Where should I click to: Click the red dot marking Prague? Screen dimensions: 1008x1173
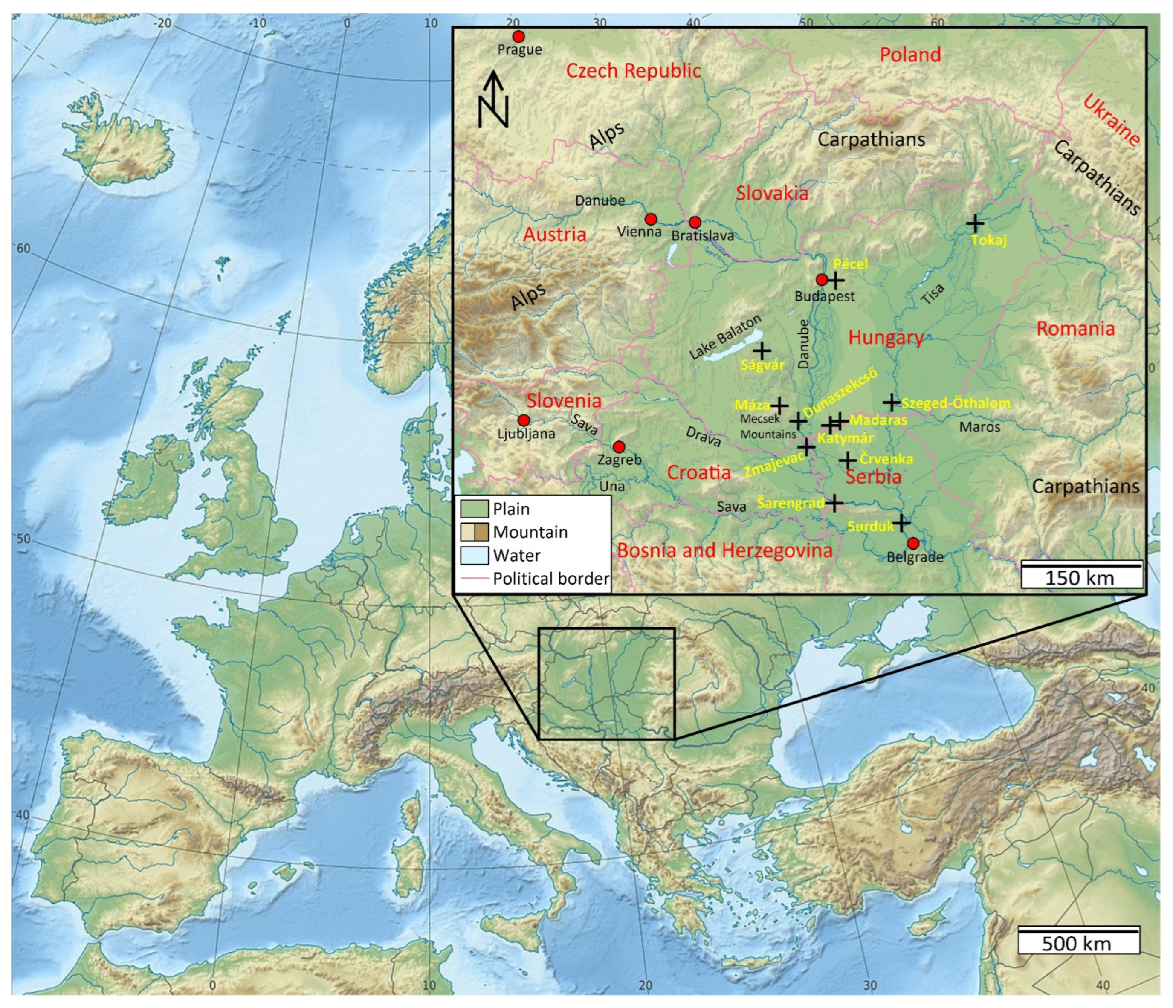click(x=518, y=37)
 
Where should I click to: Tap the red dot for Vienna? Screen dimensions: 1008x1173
click(x=651, y=220)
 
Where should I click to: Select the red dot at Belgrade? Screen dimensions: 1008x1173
click(x=912, y=543)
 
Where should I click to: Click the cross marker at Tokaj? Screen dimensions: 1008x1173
click(x=974, y=223)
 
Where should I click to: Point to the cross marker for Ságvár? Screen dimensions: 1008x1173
click(x=762, y=351)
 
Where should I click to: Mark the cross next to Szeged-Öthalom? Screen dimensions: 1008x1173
click(x=892, y=403)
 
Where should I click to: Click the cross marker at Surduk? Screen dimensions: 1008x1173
click(x=901, y=523)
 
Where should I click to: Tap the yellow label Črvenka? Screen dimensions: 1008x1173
click(x=886, y=459)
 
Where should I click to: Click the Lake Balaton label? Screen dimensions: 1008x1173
click(x=725, y=337)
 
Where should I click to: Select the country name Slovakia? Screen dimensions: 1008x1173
click(x=772, y=194)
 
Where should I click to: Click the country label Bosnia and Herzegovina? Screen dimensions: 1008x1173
click(x=724, y=550)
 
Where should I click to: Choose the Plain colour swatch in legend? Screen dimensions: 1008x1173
click(x=474, y=509)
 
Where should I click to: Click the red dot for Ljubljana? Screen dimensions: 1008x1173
click(x=524, y=420)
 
